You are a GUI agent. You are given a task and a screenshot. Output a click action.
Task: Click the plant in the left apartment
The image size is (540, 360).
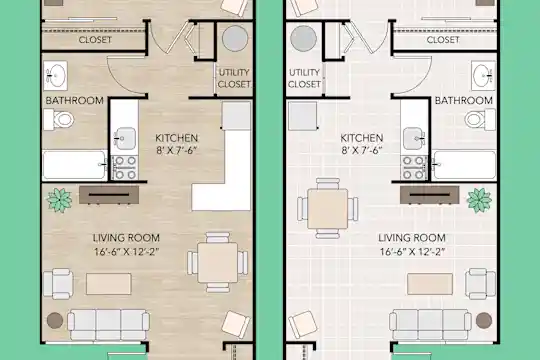click(60, 200)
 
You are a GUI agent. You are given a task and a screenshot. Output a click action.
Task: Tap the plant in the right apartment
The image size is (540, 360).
click(479, 200)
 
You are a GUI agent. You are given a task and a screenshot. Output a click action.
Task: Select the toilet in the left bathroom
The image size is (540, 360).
click(59, 120)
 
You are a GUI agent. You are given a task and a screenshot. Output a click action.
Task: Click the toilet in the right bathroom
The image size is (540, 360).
click(480, 120)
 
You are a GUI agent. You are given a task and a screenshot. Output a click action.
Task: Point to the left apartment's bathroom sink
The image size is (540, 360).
click(55, 76)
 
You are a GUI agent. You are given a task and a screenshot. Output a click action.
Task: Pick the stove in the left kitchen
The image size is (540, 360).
click(125, 168)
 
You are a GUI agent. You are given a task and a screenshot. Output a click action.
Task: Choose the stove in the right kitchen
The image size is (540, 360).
click(414, 168)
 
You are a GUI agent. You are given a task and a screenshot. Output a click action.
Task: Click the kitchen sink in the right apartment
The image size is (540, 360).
click(414, 138)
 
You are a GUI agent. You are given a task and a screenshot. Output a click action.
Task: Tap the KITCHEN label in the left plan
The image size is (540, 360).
click(177, 138)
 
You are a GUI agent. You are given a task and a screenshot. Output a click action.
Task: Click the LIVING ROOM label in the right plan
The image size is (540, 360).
click(412, 238)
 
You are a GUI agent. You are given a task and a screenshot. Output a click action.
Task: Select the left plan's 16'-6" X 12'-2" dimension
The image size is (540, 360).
click(127, 252)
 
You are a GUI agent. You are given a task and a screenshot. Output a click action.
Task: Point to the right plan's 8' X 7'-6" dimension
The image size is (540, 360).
click(362, 151)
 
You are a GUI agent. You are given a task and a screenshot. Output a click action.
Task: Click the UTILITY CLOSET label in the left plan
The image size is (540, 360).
click(234, 78)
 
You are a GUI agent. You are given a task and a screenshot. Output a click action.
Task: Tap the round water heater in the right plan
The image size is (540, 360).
click(303, 38)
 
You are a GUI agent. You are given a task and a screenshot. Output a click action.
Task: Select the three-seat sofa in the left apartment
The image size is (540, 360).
click(108, 324)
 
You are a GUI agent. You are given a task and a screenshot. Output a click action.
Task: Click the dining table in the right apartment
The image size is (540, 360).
click(328, 209)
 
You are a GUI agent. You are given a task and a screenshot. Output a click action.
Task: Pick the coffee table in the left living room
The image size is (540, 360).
click(108, 284)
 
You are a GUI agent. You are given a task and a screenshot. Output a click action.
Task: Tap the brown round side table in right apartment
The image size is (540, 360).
click(484, 320)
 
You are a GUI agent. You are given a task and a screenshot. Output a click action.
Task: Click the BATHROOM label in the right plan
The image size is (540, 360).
click(464, 101)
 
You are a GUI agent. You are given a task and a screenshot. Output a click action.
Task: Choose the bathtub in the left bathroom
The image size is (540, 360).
click(75, 165)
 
